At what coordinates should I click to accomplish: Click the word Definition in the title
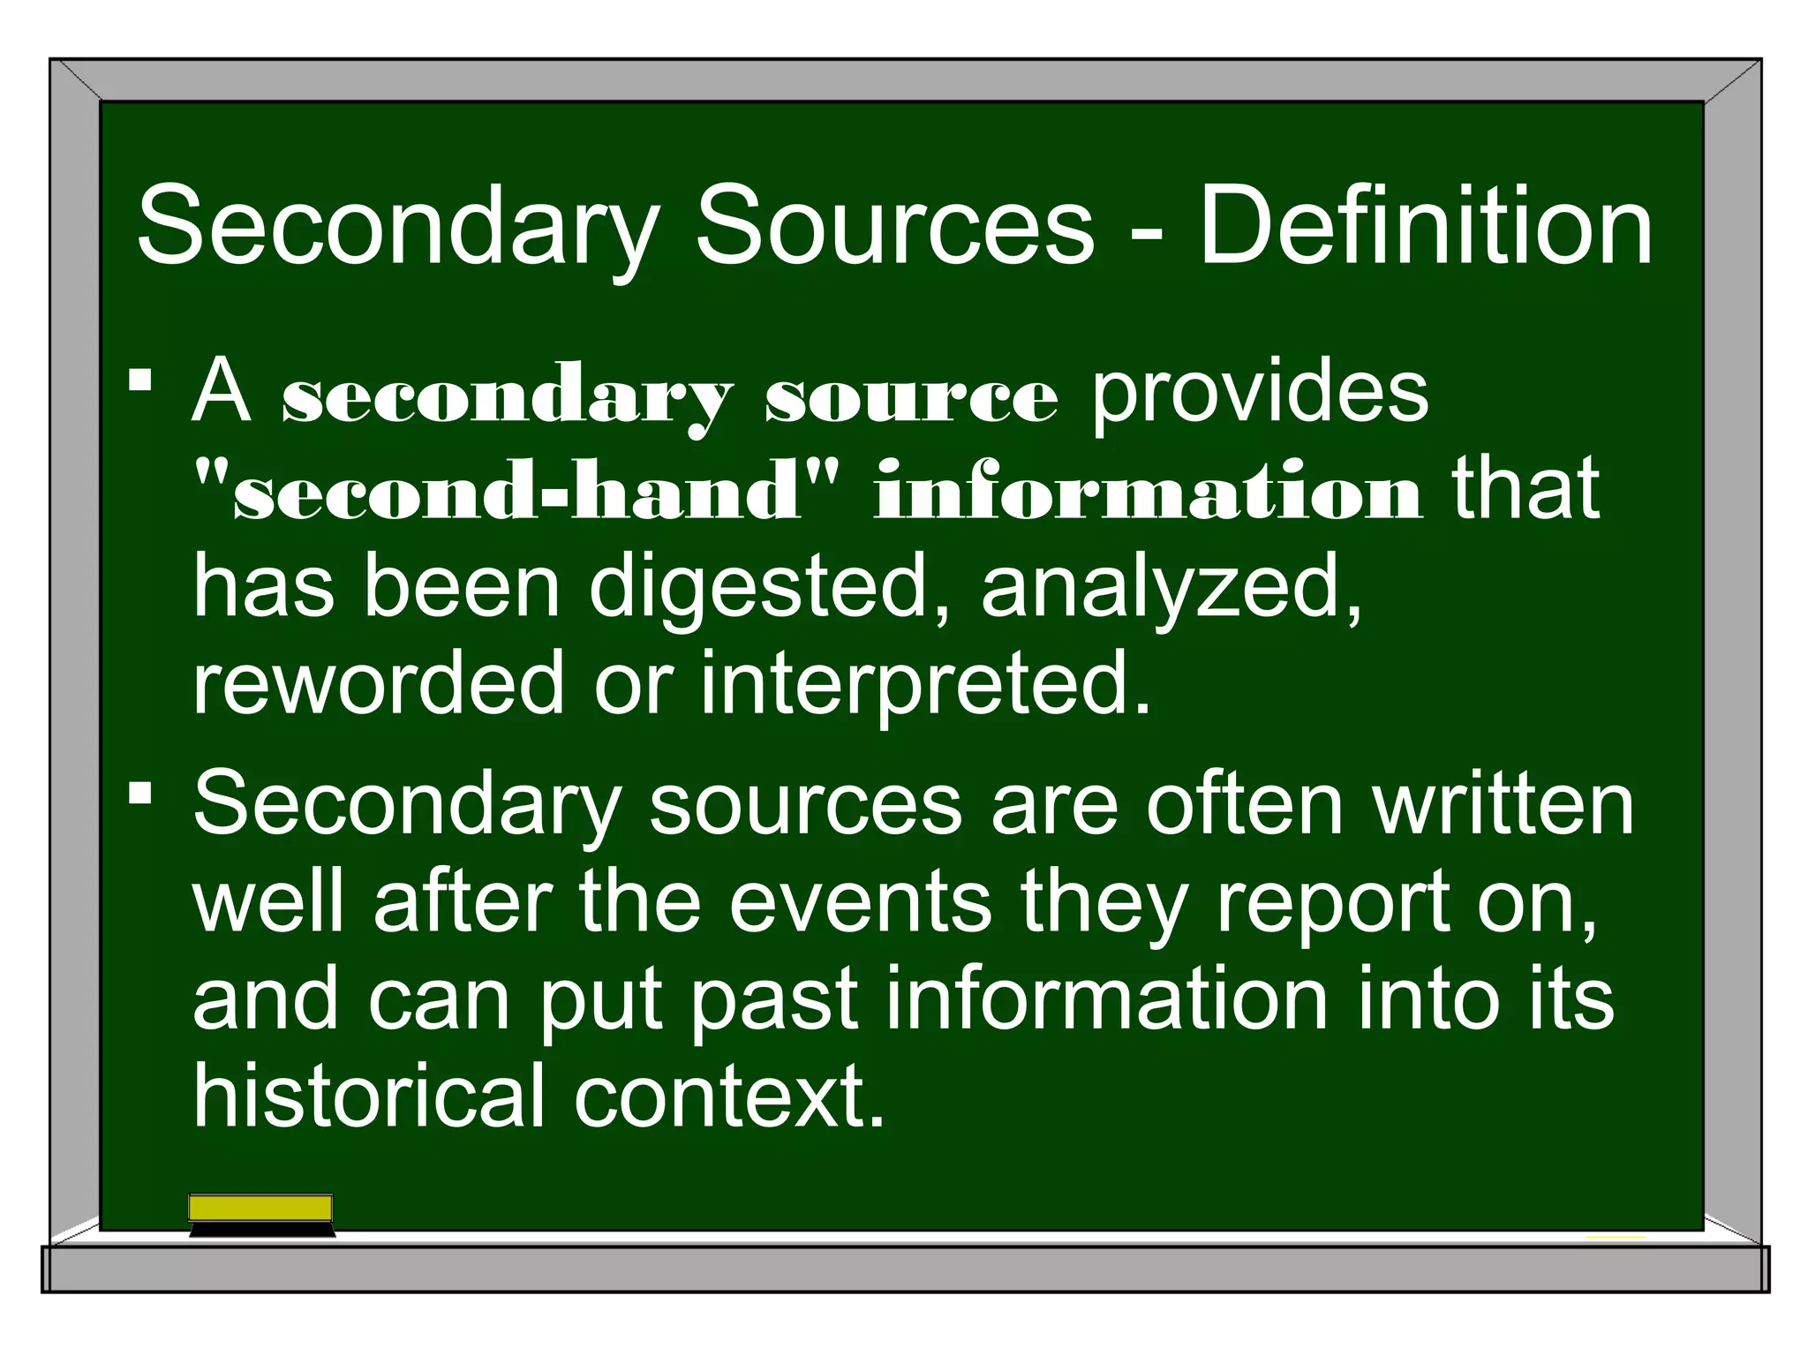[1425, 227]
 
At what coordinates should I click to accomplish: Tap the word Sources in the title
[894, 227]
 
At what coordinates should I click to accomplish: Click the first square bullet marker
[140, 380]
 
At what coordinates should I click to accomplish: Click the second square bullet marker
[140, 791]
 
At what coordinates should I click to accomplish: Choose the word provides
[1260, 393]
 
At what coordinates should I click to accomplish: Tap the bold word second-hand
[516, 491]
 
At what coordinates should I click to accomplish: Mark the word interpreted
[926, 685]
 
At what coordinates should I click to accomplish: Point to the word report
[1332, 906]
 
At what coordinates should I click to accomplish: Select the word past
[773, 1001]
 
